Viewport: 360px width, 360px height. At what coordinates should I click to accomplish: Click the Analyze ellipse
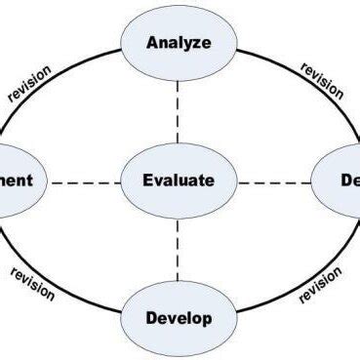click(179, 43)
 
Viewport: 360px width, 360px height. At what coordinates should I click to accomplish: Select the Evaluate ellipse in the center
click(179, 180)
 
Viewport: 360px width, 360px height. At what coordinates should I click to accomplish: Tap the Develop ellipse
click(179, 318)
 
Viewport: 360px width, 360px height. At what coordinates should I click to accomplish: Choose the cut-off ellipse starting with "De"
click(341, 180)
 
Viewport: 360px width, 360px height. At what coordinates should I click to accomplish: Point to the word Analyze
click(179, 43)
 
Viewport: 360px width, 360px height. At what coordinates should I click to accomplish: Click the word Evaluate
click(179, 180)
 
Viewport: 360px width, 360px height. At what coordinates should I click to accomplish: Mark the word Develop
click(179, 318)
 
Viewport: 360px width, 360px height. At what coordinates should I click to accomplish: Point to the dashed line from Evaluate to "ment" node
click(83, 181)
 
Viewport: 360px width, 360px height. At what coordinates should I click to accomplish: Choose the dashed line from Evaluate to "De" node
click(275, 181)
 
